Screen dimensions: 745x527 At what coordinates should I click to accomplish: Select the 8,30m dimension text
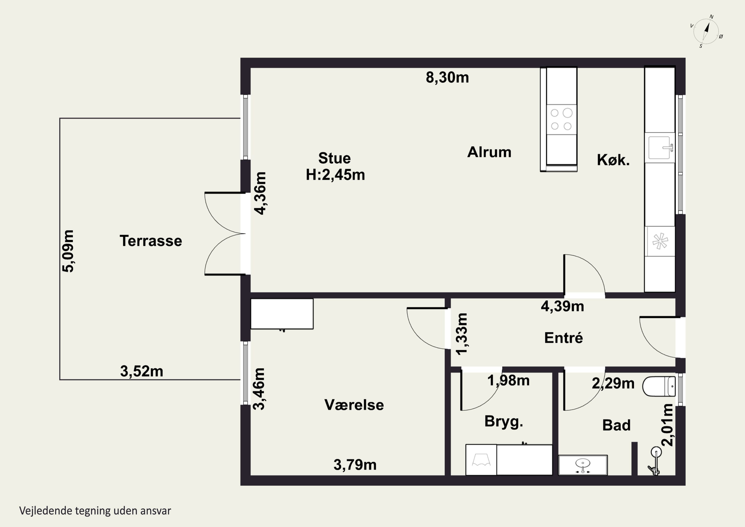(x=447, y=78)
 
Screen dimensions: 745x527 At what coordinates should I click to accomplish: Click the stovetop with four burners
(x=561, y=119)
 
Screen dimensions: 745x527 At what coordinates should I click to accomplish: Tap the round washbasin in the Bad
(x=583, y=465)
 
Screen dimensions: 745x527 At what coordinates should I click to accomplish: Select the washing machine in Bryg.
(x=481, y=459)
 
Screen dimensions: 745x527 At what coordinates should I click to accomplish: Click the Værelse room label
(x=354, y=405)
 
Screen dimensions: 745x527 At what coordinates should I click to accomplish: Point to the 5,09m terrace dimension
(x=68, y=251)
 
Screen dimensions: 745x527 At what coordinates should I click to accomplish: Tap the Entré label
(x=564, y=338)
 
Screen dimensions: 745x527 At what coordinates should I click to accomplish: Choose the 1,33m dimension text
(x=462, y=334)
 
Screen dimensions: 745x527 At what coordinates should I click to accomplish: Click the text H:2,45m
(x=335, y=175)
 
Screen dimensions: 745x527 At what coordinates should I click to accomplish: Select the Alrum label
(x=489, y=152)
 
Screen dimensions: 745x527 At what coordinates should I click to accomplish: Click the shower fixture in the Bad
(x=654, y=460)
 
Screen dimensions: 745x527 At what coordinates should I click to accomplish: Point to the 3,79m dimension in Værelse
(x=355, y=465)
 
